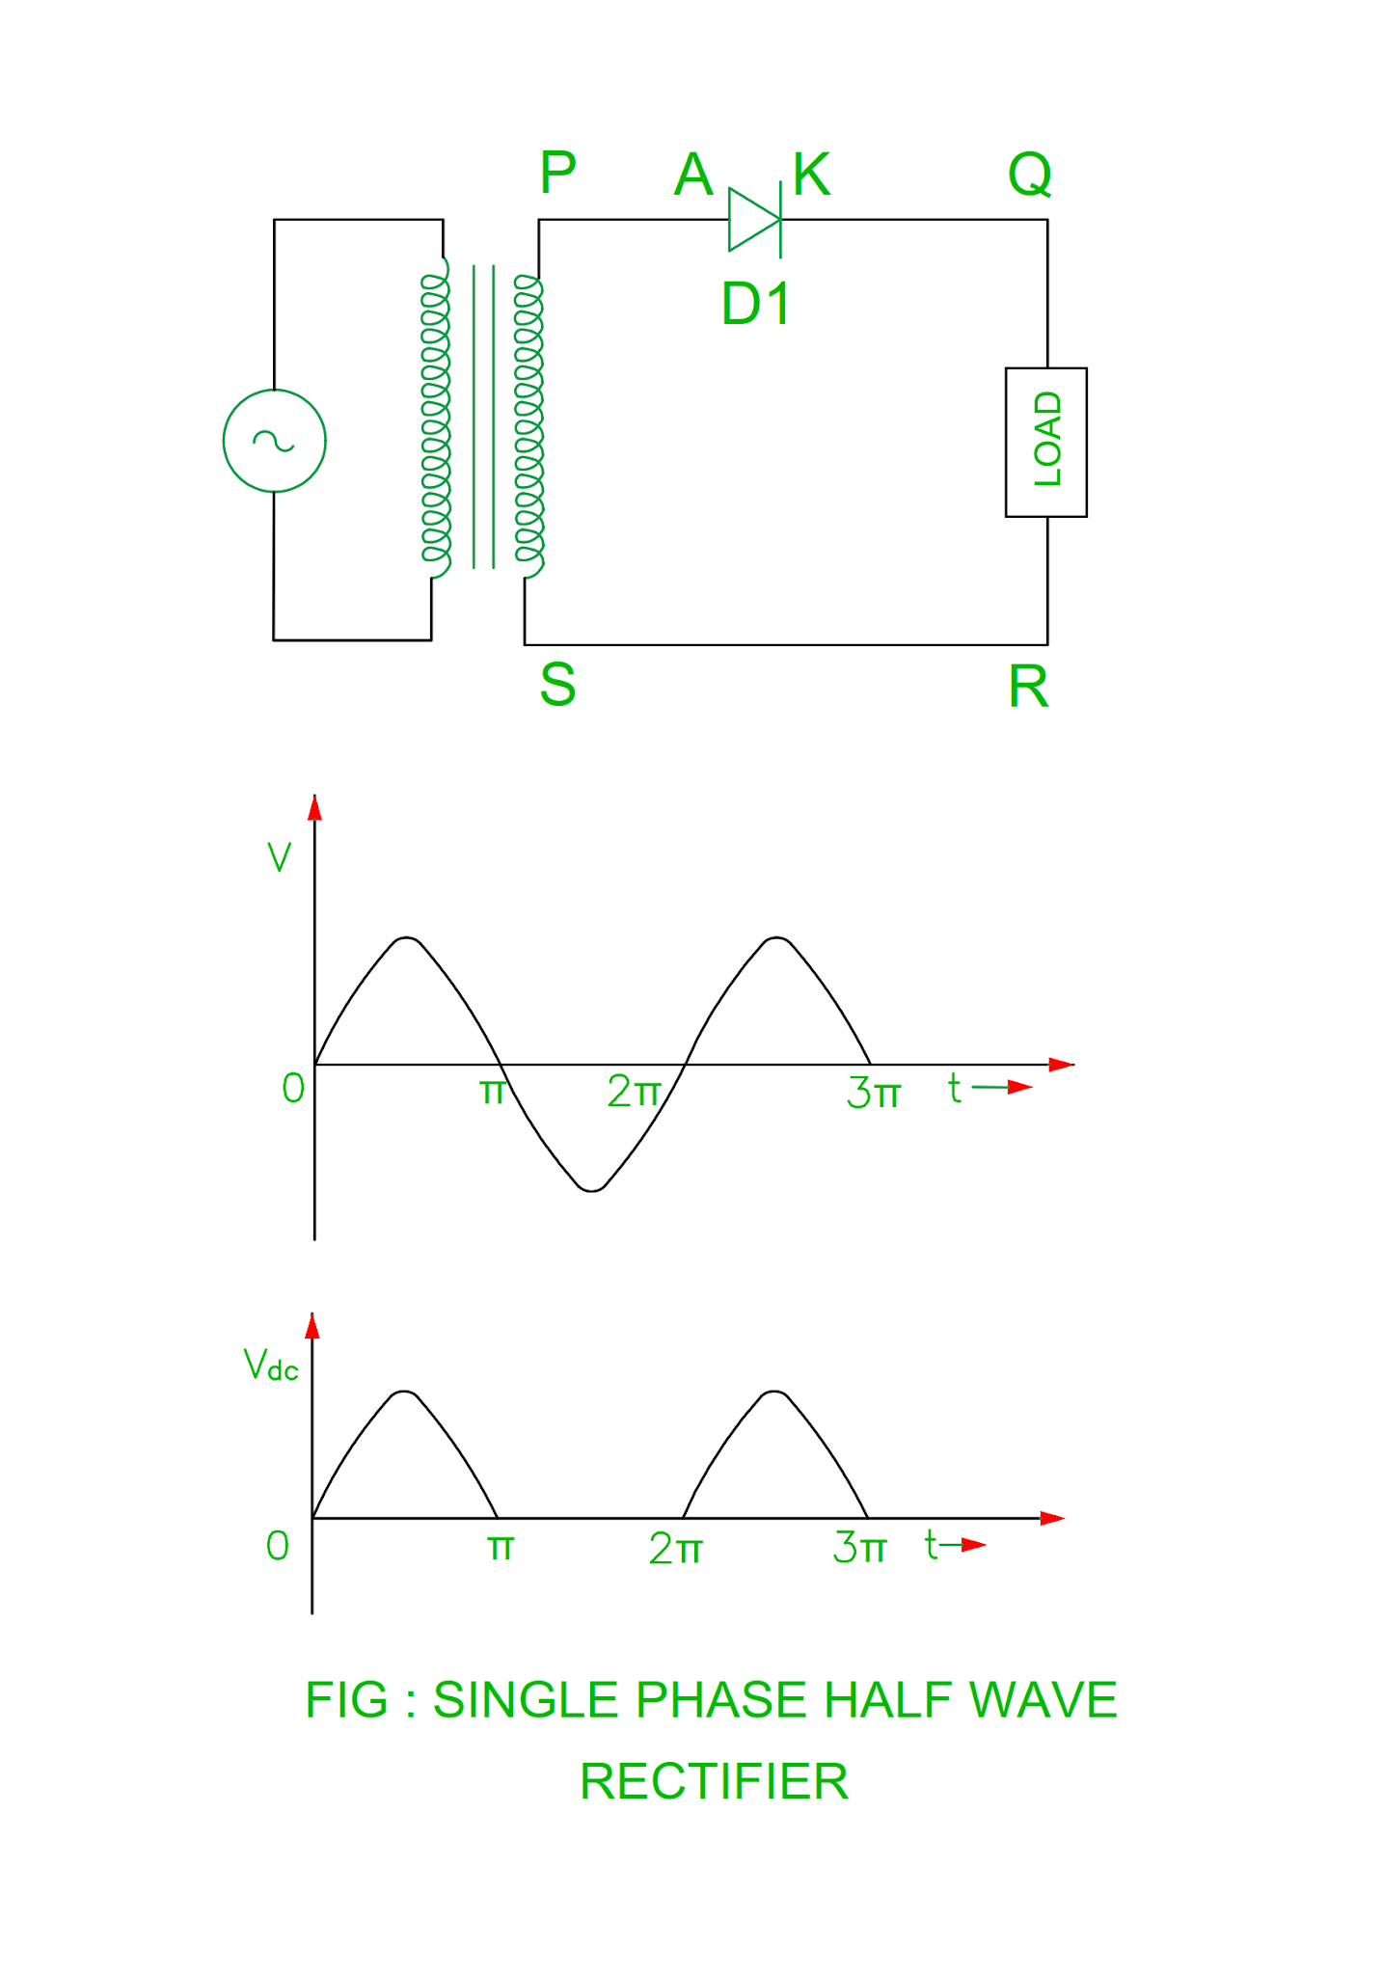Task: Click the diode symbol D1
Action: pos(754,220)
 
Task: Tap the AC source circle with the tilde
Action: pos(274,441)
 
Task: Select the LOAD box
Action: pos(1045,442)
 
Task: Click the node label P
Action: pos(557,174)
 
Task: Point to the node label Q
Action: pos(1029,175)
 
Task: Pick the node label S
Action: pos(557,685)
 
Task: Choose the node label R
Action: pos(1028,687)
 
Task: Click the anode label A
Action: pos(693,175)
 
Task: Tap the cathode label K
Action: pos(811,175)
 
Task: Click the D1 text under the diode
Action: pos(756,303)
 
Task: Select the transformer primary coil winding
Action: pos(436,419)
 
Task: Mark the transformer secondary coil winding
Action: pos(528,419)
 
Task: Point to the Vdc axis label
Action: pos(270,1366)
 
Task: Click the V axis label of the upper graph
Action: pos(279,856)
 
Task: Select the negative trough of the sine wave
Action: pos(591,1186)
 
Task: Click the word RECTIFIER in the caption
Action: pos(714,1781)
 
